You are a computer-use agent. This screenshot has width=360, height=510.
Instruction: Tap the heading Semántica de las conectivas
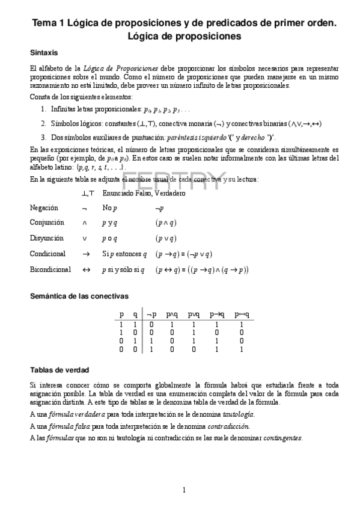tap(79, 296)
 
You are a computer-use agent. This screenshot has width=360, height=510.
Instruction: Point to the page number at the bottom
tap(184, 490)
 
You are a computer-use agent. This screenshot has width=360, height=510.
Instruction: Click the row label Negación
tap(44, 207)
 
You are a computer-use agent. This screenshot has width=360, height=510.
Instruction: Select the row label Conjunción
tap(46, 223)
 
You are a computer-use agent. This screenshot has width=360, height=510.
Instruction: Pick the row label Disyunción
tap(46, 238)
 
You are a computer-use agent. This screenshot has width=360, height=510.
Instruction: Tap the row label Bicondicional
tap(50, 270)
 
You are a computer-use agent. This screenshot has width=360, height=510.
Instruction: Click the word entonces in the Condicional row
tap(126, 254)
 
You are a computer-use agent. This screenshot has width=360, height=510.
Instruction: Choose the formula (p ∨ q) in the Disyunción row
tap(166, 238)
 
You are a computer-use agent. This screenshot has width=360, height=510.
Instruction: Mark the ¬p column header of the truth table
tap(152, 314)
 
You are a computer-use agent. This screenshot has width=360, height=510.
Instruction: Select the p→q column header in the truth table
tap(217, 314)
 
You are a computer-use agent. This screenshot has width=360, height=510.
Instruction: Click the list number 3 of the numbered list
tap(44, 137)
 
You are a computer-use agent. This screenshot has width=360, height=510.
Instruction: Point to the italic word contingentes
tap(282, 437)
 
